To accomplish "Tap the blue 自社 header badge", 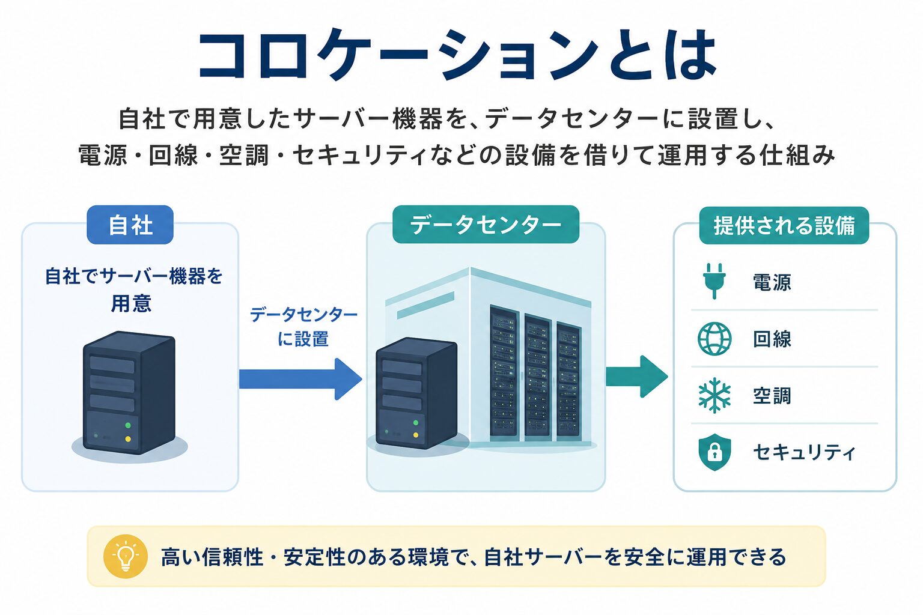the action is (130, 225).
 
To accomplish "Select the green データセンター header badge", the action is (486, 225).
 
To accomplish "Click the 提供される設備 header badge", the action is (784, 225).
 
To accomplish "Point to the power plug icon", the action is (714, 281).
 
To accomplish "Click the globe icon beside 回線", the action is (714, 339).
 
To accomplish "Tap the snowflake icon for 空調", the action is (714, 395).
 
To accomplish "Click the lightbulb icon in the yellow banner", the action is (125, 556).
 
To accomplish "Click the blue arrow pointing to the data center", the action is (300, 379).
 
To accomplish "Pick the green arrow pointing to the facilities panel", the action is (636, 377).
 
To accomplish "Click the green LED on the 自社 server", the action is (128, 425).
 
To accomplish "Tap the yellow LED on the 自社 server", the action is (128, 439).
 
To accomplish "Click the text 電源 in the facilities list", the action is (772, 283).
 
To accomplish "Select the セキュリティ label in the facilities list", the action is (803, 452).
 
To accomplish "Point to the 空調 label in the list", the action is (772, 396).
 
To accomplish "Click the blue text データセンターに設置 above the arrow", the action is (303, 327).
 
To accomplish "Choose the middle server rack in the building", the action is (537, 375).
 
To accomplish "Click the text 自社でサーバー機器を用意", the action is (133, 289).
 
